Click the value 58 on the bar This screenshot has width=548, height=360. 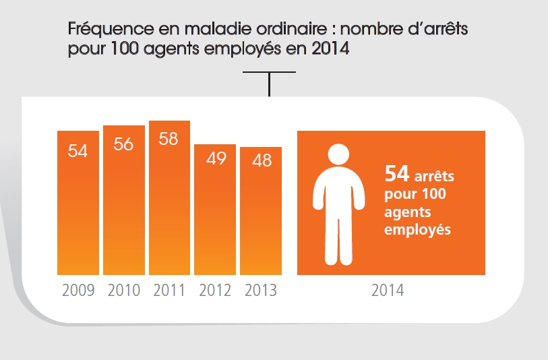coord(169,139)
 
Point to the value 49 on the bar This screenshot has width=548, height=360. coord(216,162)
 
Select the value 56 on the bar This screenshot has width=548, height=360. coord(124,144)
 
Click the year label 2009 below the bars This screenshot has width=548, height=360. coord(78,291)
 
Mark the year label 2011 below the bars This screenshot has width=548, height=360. coord(169,291)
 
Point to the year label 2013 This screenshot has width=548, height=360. coord(261,291)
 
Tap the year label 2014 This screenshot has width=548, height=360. coord(388,291)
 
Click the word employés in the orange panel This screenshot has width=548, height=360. coord(417,230)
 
